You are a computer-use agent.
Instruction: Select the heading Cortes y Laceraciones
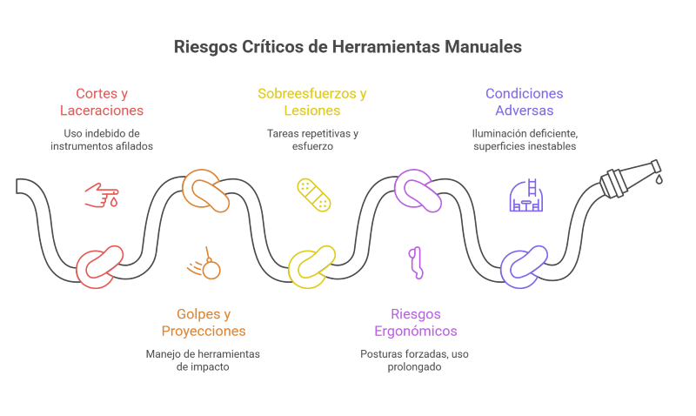click(x=102, y=102)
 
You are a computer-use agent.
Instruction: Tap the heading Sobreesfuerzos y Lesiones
click(x=312, y=102)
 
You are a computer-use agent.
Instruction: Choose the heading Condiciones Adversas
click(x=525, y=102)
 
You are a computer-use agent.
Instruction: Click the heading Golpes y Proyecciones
click(x=204, y=322)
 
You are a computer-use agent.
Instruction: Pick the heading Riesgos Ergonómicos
click(x=416, y=322)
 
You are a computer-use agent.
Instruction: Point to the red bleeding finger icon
click(x=102, y=195)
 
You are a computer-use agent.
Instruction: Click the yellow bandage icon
click(x=314, y=195)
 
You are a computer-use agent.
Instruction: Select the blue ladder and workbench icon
click(x=526, y=195)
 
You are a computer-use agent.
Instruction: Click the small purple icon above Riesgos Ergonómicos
click(x=416, y=263)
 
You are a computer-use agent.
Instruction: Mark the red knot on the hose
click(x=99, y=267)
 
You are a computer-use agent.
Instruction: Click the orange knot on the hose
click(x=205, y=191)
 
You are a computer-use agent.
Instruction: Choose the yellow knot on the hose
click(x=311, y=267)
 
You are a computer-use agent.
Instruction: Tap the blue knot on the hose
click(x=524, y=267)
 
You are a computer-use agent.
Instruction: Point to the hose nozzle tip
click(x=657, y=166)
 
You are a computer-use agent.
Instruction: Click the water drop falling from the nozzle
click(x=659, y=179)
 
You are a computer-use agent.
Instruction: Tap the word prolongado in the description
click(x=414, y=366)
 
